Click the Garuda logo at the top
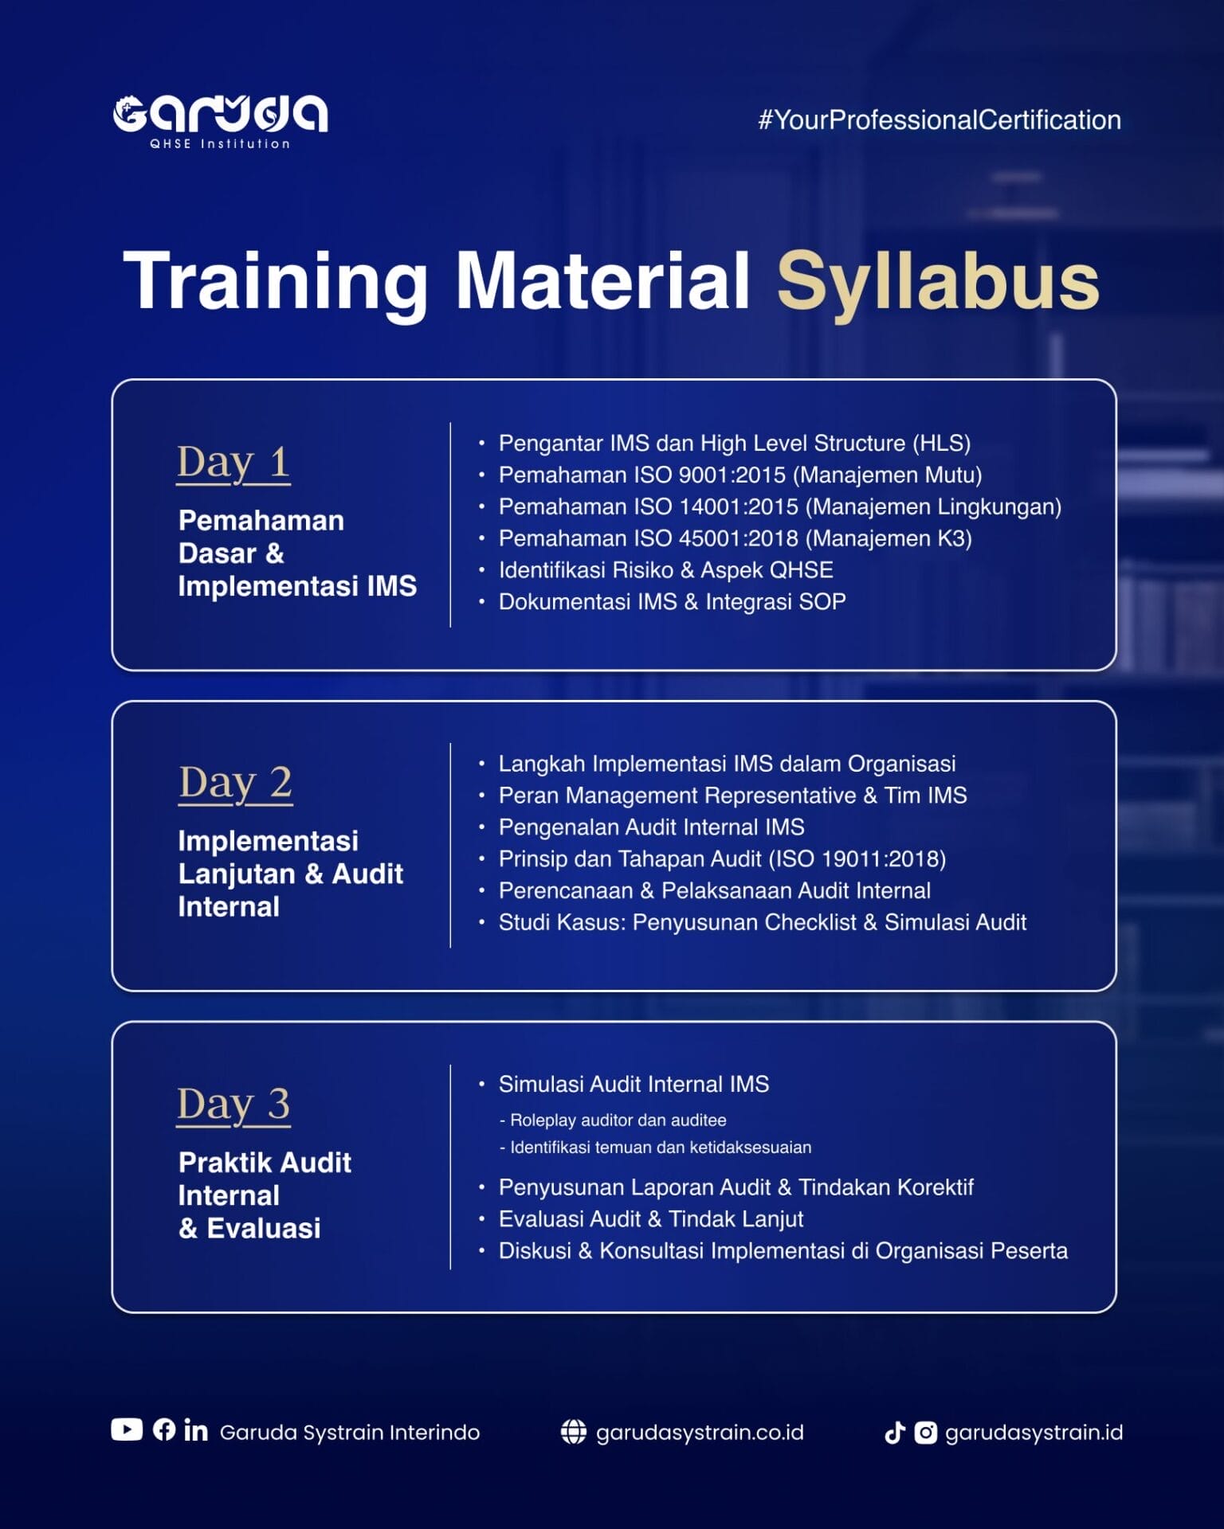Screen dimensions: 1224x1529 click(x=220, y=122)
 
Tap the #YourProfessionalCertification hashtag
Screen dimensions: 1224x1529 click(x=940, y=120)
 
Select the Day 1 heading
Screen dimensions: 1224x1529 click(x=233, y=463)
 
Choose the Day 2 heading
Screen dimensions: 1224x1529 click(x=235, y=783)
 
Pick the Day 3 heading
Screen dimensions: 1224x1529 click(x=233, y=1105)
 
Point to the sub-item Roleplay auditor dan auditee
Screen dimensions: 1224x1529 click(x=613, y=1120)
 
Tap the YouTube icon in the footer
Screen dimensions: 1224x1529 click(x=127, y=1429)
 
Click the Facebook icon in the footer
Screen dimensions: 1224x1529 click(x=164, y=1429)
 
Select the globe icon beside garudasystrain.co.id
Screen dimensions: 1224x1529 click(x=573, y=1431)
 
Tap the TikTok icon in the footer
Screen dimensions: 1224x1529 click(x=895, y=1433)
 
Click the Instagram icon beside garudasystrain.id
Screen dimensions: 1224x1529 click(x=925, y=1433)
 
